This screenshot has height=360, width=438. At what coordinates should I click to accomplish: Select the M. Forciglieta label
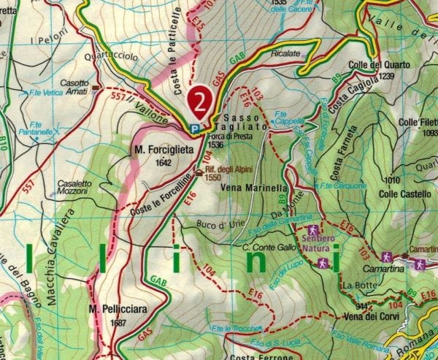164,150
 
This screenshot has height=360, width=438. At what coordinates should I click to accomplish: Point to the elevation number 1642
164,162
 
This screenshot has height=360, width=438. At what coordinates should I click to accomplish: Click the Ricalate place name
285,53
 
